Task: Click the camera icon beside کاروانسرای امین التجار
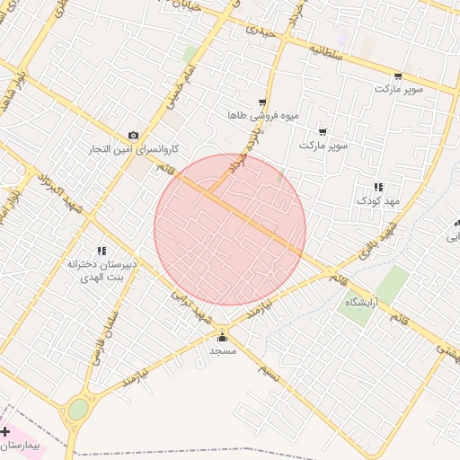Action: (134, 135)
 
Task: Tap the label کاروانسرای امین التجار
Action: (133, 148)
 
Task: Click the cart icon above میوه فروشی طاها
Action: (261, 102)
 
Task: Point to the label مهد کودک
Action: (377, 200)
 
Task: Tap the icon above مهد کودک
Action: (378, 187)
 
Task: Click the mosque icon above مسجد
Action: (222, 338)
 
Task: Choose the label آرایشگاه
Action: (363, 303)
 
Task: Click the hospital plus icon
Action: (5, 432)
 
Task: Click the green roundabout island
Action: (79, 410)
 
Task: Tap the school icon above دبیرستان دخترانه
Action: (101, 251)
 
